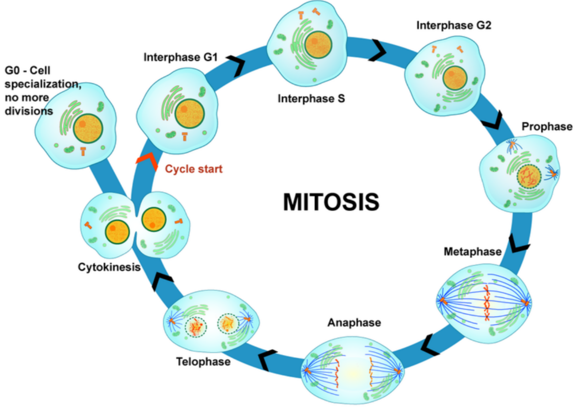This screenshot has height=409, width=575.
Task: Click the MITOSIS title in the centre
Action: click(x=331, y=201)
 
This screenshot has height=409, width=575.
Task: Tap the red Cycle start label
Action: click(x=194, y=168)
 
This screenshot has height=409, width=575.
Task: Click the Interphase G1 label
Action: click(x=181, y=58)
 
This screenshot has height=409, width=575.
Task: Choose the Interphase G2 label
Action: click(x=454, y=25)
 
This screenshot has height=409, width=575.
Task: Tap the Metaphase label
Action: click(x=473, y=251)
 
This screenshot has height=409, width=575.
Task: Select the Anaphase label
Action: click(x=354, y=322)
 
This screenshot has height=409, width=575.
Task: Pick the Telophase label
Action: click(x=203, y=362)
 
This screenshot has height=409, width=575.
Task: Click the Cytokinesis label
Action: click(x=109, y=267)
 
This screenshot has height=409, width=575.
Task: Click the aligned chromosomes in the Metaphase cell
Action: click(x=487, y=303)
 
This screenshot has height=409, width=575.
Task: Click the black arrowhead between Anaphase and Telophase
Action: click(x=268, y=360)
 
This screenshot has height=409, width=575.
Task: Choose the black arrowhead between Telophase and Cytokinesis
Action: click(x=162, y=281)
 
